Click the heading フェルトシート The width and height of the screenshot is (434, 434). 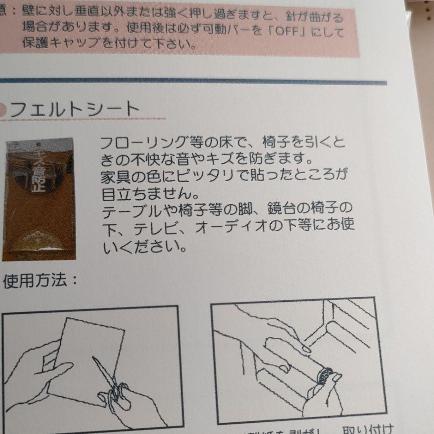[x=74, y=109]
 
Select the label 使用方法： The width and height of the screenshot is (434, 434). [x=40, y=281]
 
